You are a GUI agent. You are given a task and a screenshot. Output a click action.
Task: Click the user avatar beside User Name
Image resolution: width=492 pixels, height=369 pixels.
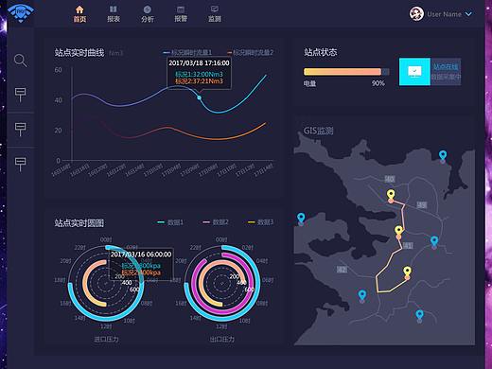415,13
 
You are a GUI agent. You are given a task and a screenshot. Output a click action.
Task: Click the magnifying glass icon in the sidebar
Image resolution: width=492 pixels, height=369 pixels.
20,61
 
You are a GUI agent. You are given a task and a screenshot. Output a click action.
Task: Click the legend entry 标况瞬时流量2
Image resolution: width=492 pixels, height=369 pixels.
249,53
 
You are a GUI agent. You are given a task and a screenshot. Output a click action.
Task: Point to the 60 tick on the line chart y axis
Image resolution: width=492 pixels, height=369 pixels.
58,70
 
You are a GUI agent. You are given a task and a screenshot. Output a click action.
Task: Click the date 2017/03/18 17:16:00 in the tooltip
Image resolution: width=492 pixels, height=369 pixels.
199,62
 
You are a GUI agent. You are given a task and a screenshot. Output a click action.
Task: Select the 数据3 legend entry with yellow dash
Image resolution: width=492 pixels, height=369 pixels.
260,221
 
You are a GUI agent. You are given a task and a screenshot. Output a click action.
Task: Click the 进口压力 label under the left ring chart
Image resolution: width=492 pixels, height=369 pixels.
106,338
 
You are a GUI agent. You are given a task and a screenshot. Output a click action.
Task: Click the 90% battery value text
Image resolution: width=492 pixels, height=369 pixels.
378,83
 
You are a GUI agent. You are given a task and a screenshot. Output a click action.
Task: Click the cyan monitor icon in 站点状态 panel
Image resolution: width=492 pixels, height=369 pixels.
413,71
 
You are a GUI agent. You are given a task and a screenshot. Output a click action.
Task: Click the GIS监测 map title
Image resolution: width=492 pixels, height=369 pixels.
319,131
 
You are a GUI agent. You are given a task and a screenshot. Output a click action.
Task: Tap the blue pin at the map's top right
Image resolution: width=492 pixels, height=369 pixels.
442,156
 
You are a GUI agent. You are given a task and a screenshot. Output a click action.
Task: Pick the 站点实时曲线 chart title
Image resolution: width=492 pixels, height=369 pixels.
79,53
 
